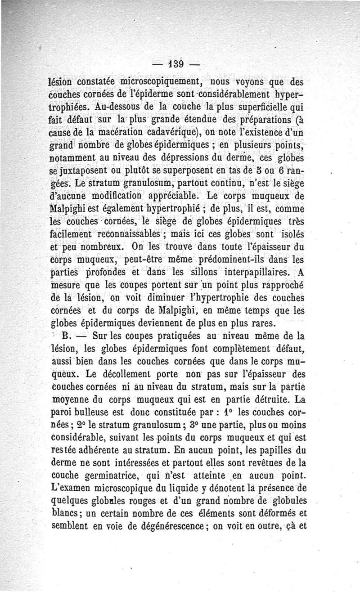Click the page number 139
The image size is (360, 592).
click(175, 64)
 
